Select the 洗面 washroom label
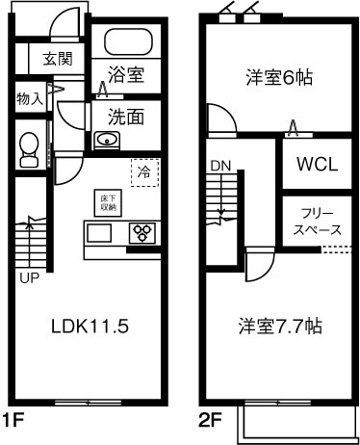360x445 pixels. tap(126, 117)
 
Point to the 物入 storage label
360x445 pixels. tap(30, 97)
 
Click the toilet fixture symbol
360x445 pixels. tap(29, 145)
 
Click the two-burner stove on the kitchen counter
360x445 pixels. tap(143, 233)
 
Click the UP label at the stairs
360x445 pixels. tap(29, 278)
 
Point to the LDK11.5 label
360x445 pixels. tap(90, 326)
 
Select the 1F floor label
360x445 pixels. tap(13, 421)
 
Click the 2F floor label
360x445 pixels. tap(212, 421)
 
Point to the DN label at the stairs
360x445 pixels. tap(219, 165)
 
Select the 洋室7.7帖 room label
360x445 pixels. tap(281, 326)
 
